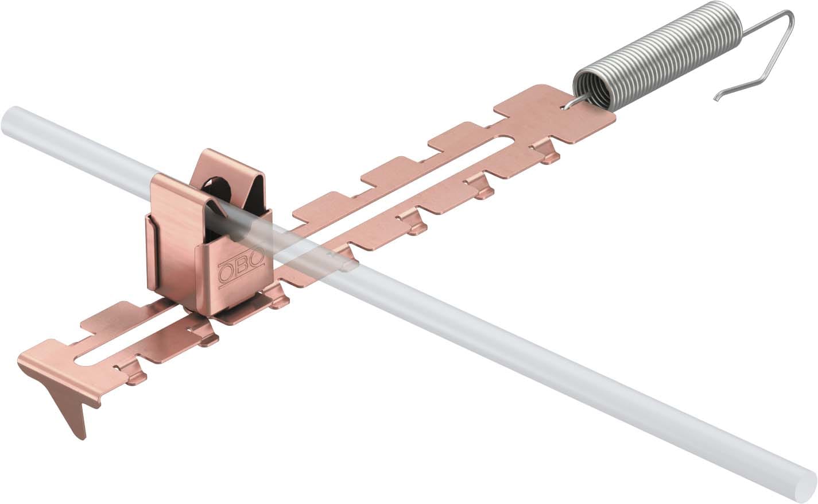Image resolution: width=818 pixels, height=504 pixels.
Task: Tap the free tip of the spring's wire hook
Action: click(x=716, y=99)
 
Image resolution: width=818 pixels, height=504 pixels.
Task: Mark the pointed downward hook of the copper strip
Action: click(x=77, y=414)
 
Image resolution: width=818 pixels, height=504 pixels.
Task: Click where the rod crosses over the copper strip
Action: click(x=321, y=247)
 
